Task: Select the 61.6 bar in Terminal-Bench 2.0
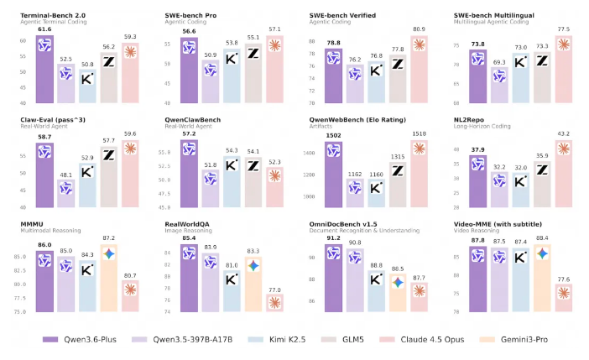(x=48, y=71)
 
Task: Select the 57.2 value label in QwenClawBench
(x=189, y=134)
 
